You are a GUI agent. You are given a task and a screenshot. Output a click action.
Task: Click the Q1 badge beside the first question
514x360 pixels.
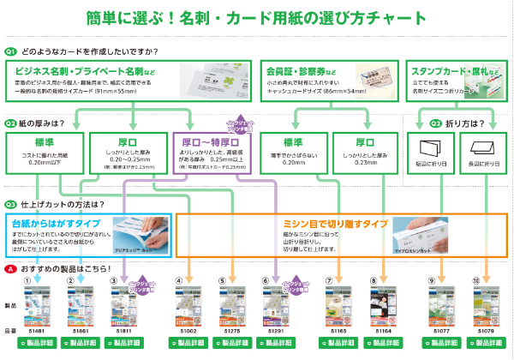tap(11, 51)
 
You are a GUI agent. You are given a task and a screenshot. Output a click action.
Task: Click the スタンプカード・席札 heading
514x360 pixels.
tap(446, 69)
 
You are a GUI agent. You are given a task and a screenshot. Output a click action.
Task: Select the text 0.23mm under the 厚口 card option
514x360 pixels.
tap(354, 162)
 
